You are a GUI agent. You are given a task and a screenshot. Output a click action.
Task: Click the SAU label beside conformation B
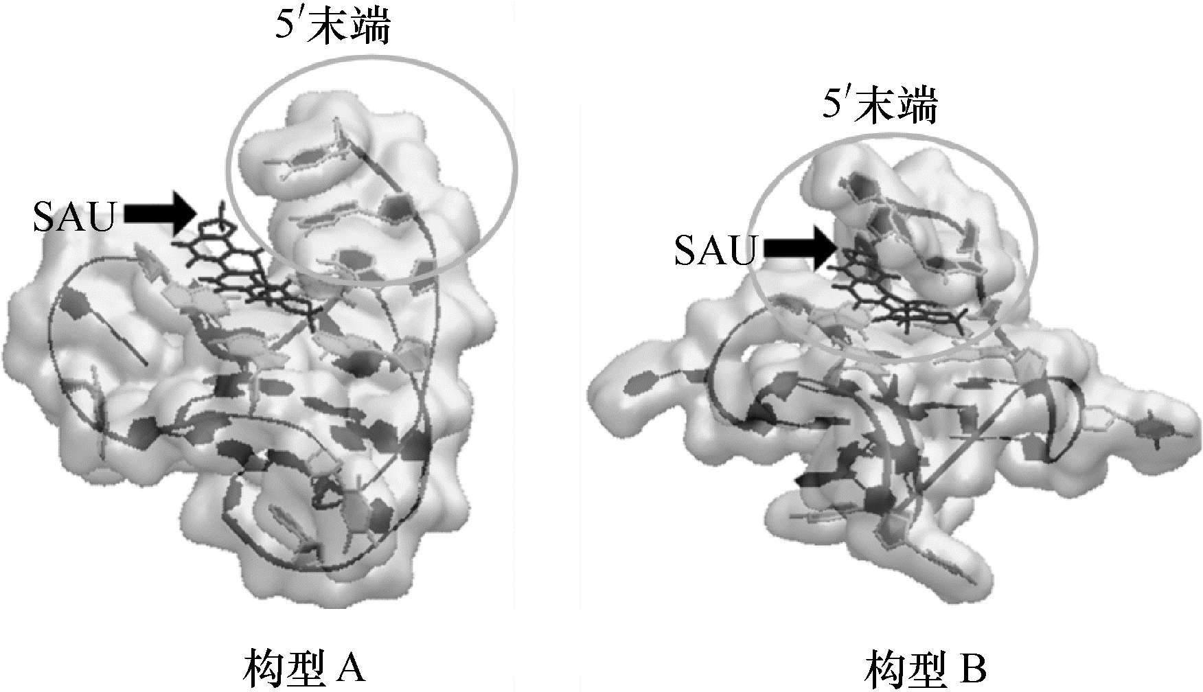click(x=714, y=251)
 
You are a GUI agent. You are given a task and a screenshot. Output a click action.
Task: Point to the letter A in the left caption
click(x=351, y=669)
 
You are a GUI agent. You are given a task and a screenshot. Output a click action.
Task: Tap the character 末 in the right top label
click(x=880, y=106)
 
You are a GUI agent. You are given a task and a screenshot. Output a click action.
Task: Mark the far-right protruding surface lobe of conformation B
click(x=1160, y=429)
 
